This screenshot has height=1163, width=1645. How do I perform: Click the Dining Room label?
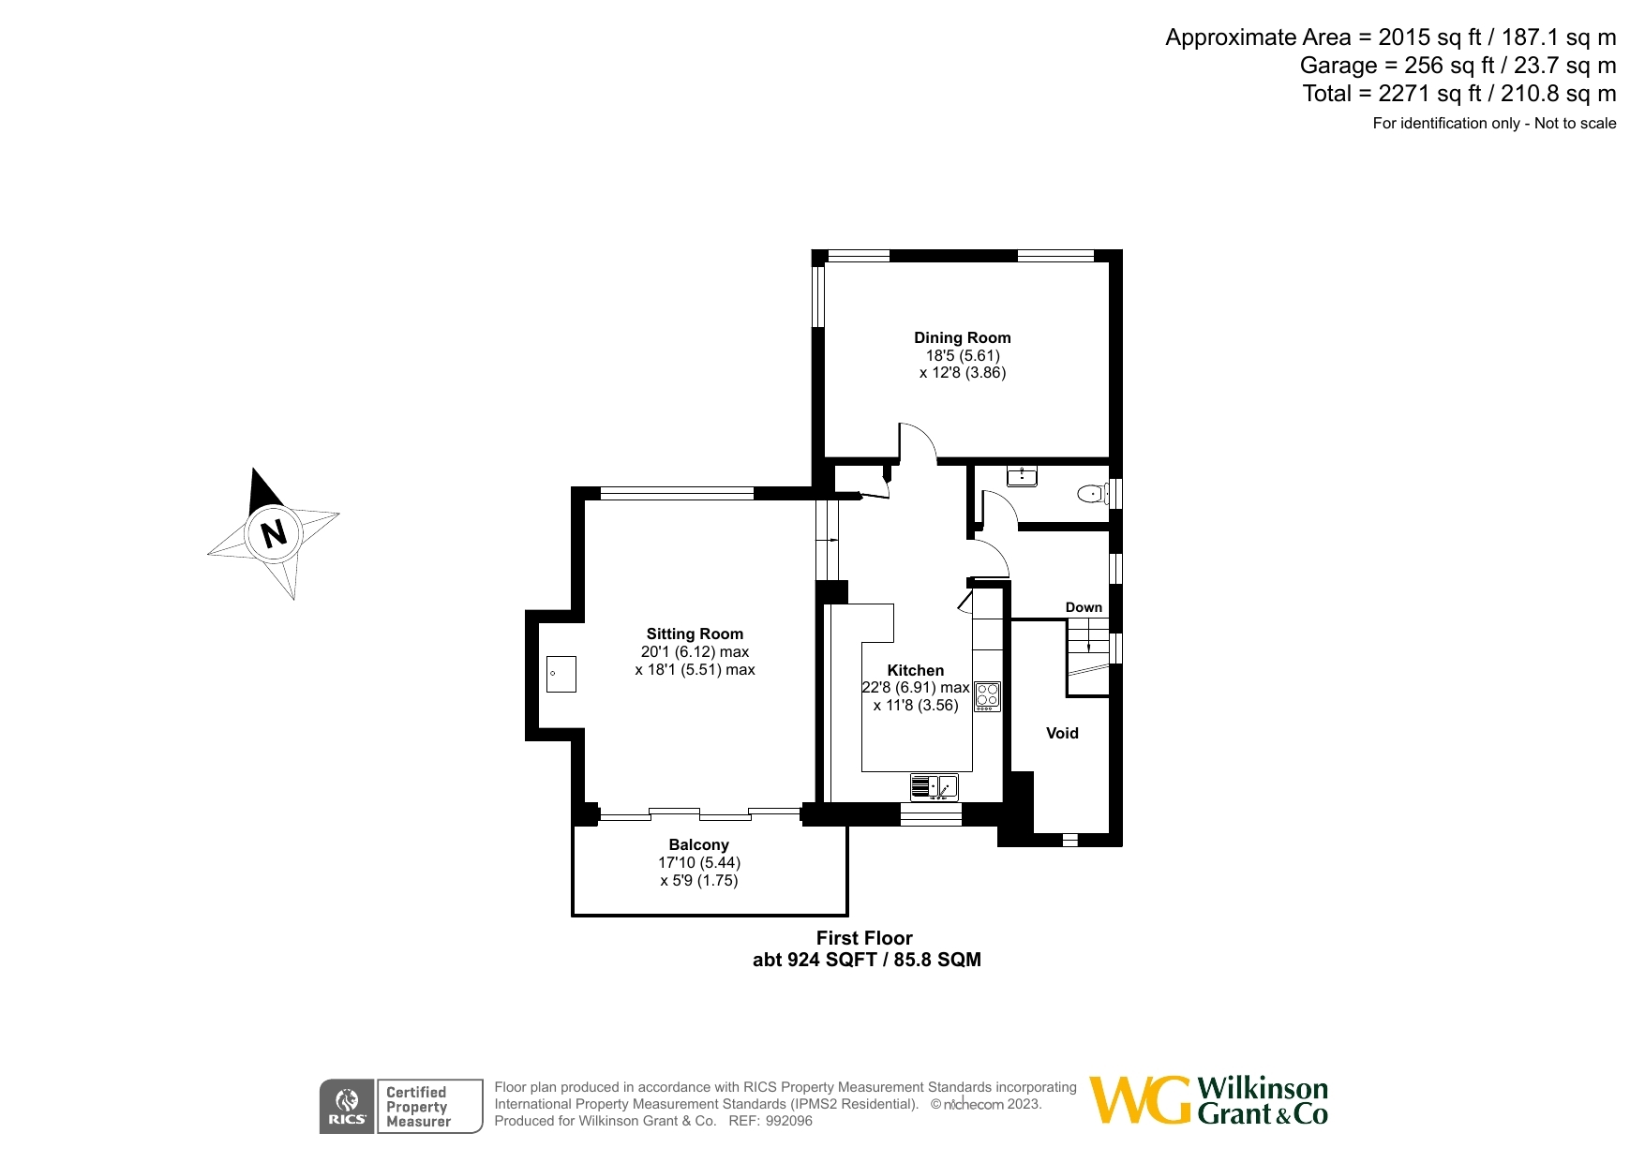point(963,337)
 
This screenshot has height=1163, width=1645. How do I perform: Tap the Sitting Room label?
point(695,634)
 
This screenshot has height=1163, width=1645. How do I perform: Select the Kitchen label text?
point(916,670)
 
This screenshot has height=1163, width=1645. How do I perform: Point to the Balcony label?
point(699,844)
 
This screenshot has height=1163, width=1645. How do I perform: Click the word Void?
point(1062,733)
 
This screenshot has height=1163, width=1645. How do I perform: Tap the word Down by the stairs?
point(1084,607)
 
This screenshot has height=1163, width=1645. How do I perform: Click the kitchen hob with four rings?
point(987,696)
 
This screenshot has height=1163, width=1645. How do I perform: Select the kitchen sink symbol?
point(935,787)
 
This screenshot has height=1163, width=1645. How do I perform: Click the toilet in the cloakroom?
point(1093,493)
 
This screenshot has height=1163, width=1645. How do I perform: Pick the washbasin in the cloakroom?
point(1022,476)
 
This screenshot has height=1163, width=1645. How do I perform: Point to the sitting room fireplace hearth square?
point(561,674)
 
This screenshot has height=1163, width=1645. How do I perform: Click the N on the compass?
point(274,534)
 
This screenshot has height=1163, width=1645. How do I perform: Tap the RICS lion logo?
point(347,1107)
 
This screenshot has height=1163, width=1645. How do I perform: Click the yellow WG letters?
point(1141,1099)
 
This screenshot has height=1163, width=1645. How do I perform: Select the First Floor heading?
point(864,938)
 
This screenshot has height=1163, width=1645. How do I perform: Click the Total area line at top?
point(1459,94)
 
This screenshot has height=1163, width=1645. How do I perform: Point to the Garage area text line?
point(1458,66)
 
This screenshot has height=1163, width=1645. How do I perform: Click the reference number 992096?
point(789,1121)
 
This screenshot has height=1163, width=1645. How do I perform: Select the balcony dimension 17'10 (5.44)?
point(699,862)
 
